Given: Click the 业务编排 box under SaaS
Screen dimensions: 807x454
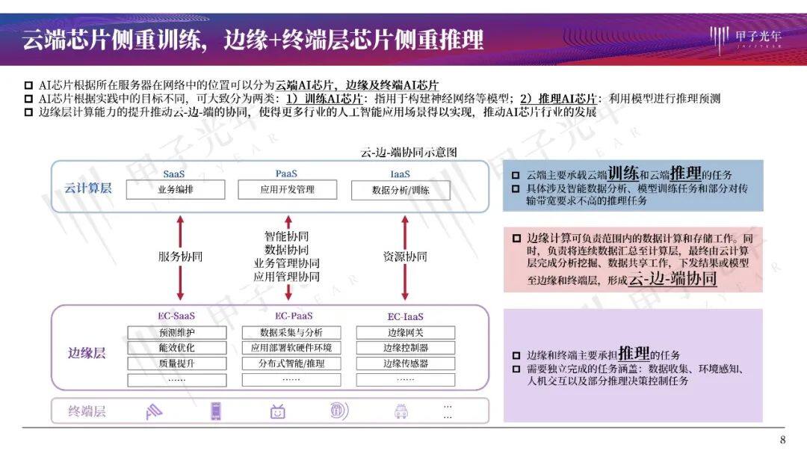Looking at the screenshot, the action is [176, 189].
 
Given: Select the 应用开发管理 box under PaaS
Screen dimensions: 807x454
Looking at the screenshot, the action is [287, 189].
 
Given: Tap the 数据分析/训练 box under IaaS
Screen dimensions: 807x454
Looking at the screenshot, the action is [401, 190].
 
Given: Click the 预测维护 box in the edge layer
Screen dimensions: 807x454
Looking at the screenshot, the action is [177, 332].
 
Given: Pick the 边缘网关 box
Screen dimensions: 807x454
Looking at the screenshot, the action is [406, 332].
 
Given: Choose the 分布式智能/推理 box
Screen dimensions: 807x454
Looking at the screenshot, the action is [291, 363].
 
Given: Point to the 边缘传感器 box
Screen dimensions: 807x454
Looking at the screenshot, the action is [406, 363].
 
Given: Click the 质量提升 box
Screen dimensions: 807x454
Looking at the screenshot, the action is [177, 363].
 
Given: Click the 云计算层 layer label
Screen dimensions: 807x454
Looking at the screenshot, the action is [88, 188].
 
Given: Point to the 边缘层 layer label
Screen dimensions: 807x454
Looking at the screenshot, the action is [87, 353].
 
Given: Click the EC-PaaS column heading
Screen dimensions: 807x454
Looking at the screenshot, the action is [294, 316].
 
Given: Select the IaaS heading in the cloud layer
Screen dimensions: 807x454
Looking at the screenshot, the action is [400, 174].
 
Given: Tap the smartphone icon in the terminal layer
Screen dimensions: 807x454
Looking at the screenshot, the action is [216, 411].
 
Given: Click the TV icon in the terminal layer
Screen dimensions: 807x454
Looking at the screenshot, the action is [278, 411].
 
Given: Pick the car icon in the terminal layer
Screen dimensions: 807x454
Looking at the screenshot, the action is [401, 411].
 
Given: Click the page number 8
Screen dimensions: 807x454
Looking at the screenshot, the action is [783, 440].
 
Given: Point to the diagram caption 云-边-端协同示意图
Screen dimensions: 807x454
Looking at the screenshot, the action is [409, 152].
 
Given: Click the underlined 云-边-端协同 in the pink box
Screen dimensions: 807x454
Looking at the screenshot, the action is [673, 279].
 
